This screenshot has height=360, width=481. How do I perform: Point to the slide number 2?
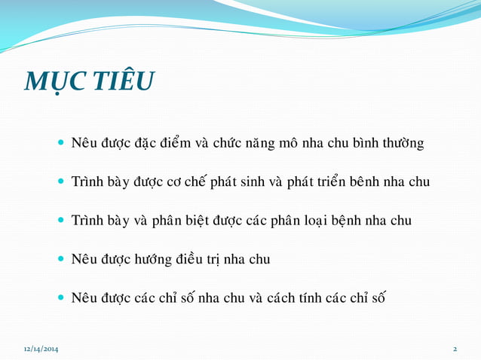pyautogui.click(x=455, y=349)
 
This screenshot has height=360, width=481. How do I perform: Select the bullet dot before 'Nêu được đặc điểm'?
pyautogui.click(x=61, y=142)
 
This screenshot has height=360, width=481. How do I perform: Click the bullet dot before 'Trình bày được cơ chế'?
pyautogui.click(x=61, y=182)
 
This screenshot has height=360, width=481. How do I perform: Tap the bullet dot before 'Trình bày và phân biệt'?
pyautogui.click(x=61, y=221)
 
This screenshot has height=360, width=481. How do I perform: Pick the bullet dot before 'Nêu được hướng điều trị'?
pyautogui.click(x=61, y=260)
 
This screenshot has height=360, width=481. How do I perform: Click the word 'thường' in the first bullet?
pyautogui.click(x=404, y=143)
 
